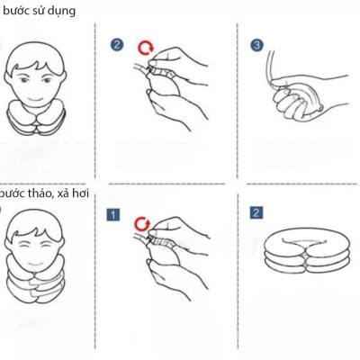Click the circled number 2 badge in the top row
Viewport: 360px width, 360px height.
[x=117, y=44]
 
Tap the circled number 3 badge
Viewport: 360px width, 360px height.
[x=257, y=44]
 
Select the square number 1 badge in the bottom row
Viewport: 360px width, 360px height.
[x=113, y=214]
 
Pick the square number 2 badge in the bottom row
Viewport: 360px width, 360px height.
[x=256, y=213]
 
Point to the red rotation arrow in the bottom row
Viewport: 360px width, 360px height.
[x=140, y=223]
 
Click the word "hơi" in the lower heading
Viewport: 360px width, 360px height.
[x=87, y=193]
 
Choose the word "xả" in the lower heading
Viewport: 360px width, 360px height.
[x=67, y=193]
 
